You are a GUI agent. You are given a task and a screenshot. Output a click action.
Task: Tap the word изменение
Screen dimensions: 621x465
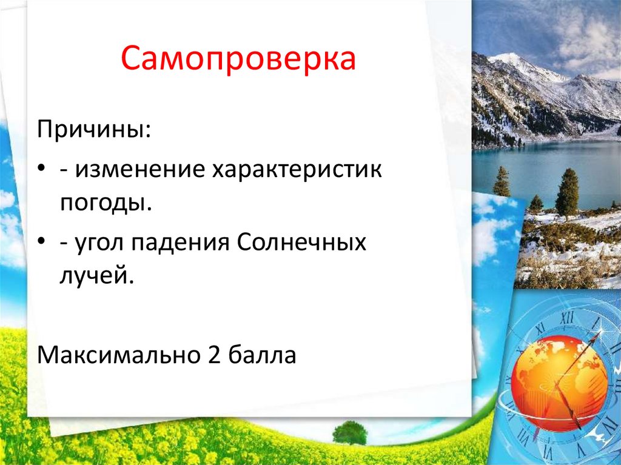[140, 170]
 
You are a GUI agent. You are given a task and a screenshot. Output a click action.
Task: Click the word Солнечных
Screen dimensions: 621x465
[301, 242]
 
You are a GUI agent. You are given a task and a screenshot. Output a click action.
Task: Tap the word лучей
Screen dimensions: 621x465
[97, 276]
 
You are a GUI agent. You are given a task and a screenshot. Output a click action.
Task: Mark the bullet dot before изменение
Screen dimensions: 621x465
[41, 169]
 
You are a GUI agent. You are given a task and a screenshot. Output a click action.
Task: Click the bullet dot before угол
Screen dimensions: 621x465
[41, 241]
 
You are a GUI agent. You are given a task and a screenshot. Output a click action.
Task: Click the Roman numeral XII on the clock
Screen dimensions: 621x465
[567, 318]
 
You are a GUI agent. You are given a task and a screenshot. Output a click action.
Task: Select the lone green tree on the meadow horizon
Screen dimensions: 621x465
[350, 432]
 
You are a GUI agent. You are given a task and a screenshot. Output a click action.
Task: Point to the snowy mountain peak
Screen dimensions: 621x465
[508, 59]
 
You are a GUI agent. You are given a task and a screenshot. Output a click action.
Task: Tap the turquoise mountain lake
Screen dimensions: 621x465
[546, 170]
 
